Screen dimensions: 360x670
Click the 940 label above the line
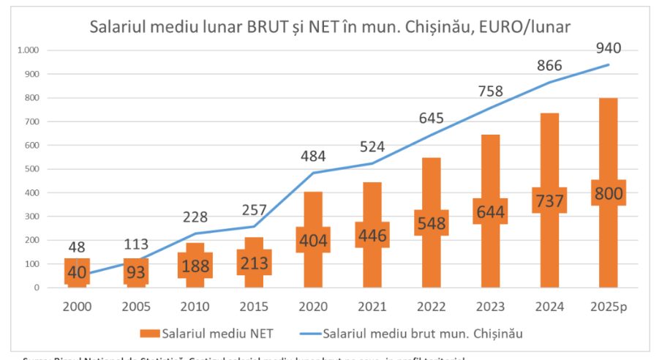coord(609,48)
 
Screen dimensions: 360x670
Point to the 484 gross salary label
coord(313,156)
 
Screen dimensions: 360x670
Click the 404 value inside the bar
coord(313,239)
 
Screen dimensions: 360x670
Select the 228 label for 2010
coord(195,217)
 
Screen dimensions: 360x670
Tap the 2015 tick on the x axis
coord(254,306)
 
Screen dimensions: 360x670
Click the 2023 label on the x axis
coord(490,306)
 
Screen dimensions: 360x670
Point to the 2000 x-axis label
coord(77,306)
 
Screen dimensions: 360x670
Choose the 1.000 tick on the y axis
coord(28,50)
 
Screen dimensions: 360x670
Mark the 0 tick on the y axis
coord(36,288)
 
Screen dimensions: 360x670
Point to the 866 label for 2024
coord(549,65)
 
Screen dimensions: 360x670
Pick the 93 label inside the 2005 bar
coord(136,271)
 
